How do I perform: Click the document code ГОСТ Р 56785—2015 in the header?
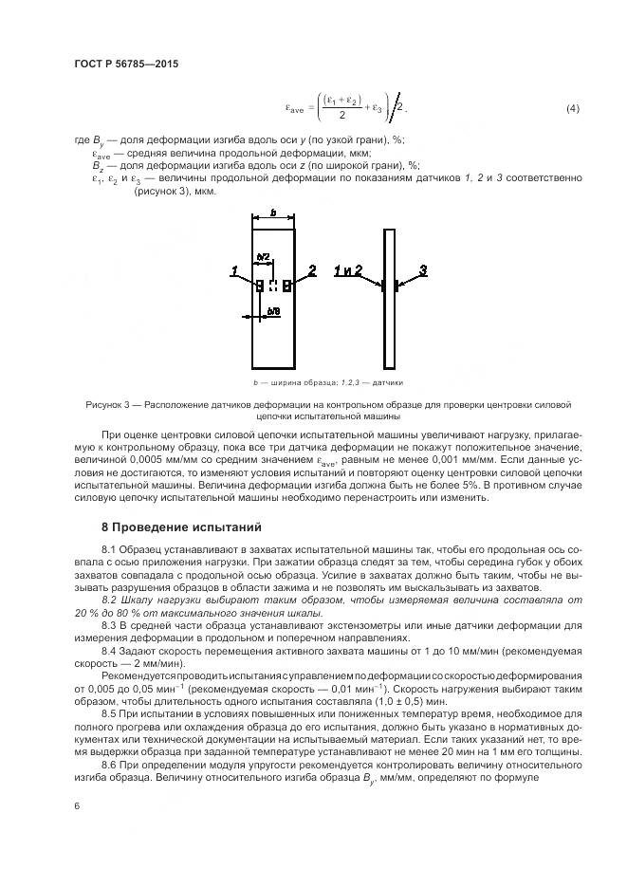(126, 64)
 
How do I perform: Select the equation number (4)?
(572, 109)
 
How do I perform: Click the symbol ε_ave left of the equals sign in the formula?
(296, 110)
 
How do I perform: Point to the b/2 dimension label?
(264, 257)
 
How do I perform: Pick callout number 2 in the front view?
(312, 271)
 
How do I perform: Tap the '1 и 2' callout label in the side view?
(348, 271)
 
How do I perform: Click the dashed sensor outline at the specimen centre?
(272, 285)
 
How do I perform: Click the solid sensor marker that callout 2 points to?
(286, 285)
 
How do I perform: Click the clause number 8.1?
(110, 550)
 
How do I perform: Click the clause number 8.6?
(110, 763)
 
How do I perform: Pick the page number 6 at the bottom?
(76, 804)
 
